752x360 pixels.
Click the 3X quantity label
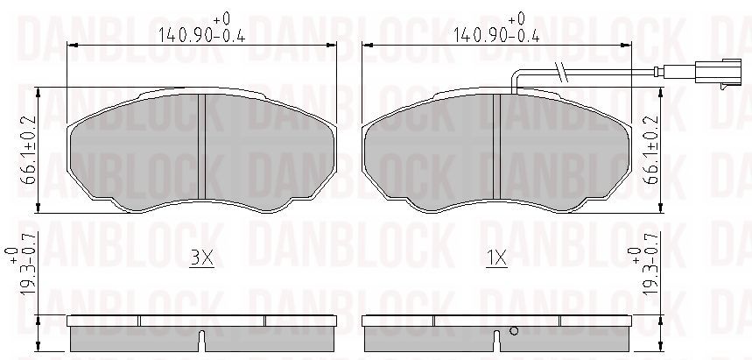coord(201,259)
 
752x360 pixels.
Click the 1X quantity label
coord(496,259)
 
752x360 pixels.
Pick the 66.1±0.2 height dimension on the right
coord(652,151)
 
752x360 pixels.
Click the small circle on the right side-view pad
coord(514,331)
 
